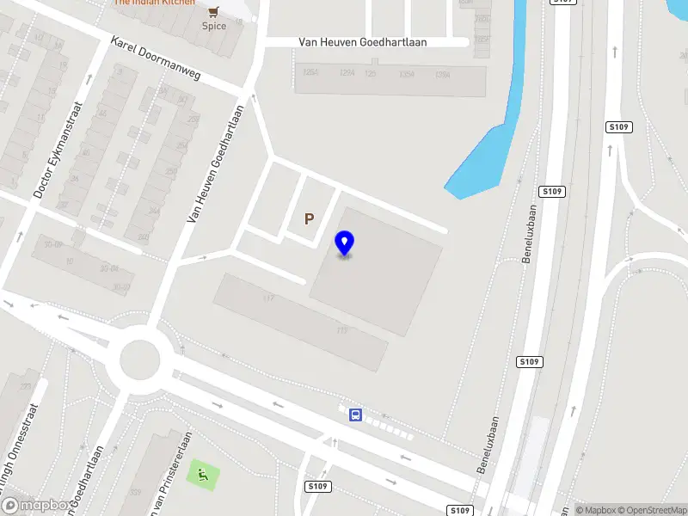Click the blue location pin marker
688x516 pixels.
coord(344,243)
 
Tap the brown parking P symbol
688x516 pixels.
coord(309,219)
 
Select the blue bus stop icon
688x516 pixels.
coord(354,415)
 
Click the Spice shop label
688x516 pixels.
coord(214,26)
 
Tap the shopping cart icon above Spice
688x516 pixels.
coord(214,11)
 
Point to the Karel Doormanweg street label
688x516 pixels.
coord(156,58)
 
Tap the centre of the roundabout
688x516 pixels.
coord(139,360)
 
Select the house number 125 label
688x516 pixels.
coord(371,74)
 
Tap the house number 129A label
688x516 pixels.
coord(347,74)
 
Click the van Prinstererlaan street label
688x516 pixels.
coord(169,477)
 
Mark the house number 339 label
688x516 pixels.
coord(134,492)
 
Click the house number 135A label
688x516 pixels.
coord(408,74)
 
